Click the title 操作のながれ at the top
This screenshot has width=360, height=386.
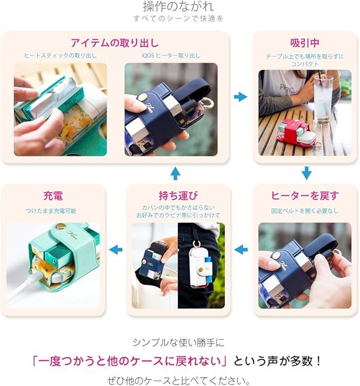tap(178, 6)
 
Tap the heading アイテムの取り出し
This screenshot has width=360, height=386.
tap(115, 43)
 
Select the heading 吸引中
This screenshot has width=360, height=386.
tap(305, 43)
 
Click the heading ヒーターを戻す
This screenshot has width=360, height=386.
tap(305, 196)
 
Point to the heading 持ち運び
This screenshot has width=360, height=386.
tap(178, 196)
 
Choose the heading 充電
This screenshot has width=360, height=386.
tap(53, 196)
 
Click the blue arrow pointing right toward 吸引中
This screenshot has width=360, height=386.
tap(241, 96)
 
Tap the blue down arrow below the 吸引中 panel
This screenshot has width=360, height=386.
tap(306, 173)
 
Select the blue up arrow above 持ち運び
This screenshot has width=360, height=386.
tap(175, 173)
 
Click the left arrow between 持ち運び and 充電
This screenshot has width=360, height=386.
tap(116, 250)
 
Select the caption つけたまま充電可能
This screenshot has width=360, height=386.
tap(51, 211)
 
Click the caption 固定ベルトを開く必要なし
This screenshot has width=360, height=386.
tap(305, 211)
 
